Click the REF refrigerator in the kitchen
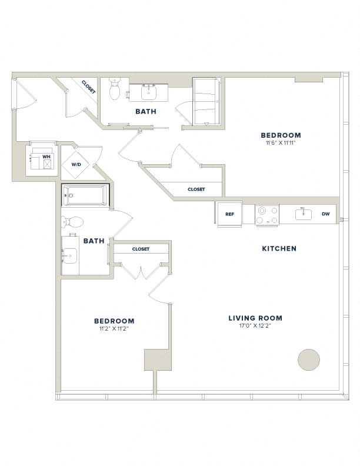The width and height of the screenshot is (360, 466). pos(229,214)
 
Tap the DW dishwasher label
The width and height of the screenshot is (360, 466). pos(326,214)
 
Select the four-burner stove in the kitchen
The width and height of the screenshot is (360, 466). pos(267,215)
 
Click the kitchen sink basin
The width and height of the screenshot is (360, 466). pos(304,214)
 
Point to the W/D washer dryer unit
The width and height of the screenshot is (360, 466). pos(76,164)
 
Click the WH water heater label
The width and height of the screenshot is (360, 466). pos(46,157)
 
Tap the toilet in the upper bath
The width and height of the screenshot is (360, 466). pos(114,89)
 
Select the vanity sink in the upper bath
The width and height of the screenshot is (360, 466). pos(148,93)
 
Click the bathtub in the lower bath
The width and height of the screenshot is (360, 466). pos(85,195)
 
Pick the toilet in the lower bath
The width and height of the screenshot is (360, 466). pos(72,222)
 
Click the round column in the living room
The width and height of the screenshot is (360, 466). pos(309,360)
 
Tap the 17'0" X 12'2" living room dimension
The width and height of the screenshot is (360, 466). pos(255,326)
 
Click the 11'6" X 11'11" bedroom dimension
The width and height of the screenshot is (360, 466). pos(281,142)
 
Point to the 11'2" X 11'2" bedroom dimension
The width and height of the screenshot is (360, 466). pos(114,329)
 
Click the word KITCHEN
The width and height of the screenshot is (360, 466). pos(279,248)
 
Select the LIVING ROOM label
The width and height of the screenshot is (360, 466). pos(255,318)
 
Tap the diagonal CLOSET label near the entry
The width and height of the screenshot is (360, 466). pos(88,87)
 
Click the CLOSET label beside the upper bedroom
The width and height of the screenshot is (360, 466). pos(196,189)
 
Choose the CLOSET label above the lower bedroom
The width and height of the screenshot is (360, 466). pos(141,249)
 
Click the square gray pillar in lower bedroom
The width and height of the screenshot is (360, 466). pos(158,360)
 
